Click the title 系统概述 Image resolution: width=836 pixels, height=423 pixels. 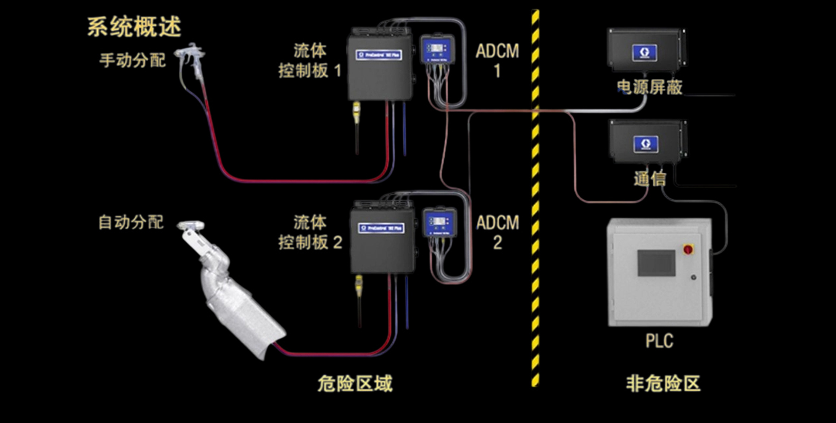tap(134, 26)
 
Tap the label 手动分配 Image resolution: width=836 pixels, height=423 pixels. tap(132, 60)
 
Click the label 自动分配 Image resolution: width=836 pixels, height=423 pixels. tap(131, 222)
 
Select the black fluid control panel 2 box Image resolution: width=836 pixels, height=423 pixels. tap(382, 238)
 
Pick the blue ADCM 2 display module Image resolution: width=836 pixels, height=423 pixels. tap(439, 222)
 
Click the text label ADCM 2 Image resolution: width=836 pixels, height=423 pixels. tap(497, 232)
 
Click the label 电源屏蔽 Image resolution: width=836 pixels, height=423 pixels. tap(649, 87)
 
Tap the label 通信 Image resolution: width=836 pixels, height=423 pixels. tap(649, 179)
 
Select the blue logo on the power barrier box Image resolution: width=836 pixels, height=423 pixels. tap(645, 52)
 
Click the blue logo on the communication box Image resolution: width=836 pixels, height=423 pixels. tap(646, 144)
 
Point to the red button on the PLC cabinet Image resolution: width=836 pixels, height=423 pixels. tap(688, 249)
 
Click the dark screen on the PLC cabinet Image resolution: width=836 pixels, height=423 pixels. tap(656, 263)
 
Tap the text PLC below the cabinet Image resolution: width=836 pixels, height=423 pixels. tap(659, 341)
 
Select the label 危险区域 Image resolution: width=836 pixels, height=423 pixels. tap(355, 383)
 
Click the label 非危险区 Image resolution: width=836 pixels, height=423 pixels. tap(663, 383)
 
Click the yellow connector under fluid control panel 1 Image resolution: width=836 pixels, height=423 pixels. tap(357, 112)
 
